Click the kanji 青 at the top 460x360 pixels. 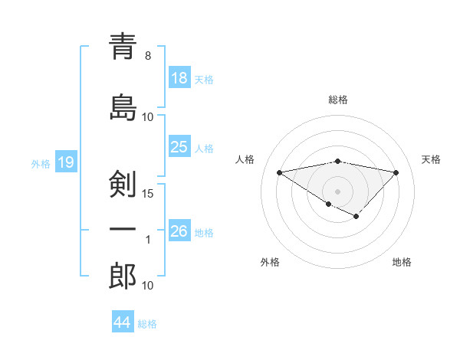click(123, 47)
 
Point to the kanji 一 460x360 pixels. click(123, 228)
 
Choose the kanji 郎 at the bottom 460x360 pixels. click(123, 276)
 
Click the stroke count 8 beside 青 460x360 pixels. click(148, 56)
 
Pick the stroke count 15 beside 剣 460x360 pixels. click(148, 193)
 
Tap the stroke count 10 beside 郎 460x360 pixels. click(148, 285)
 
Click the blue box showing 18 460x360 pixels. click(179, 79)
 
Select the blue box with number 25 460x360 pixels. click(179, 147)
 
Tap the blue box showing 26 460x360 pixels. click(179, 231)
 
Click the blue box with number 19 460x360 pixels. click(65, 162)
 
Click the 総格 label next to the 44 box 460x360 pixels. click(147, 324)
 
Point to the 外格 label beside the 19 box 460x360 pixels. click(41, 163)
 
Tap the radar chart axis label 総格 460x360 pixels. click(337, 100)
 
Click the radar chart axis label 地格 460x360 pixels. click(402, 262)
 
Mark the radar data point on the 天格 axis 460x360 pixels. click(396, 172)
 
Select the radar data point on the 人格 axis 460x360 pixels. click(280, 172)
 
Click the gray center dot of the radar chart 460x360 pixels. click(337, 190)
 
